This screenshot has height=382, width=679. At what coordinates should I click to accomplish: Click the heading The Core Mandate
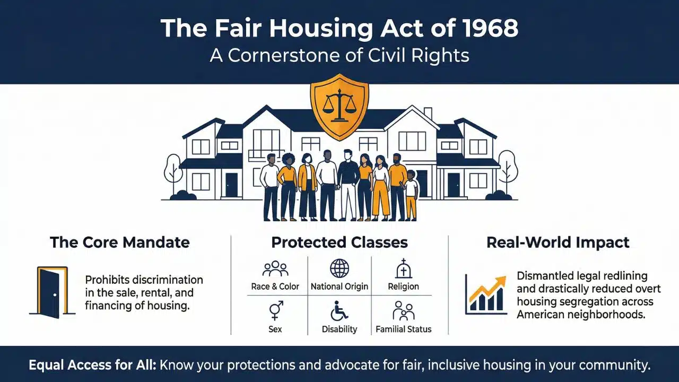coord(119,243)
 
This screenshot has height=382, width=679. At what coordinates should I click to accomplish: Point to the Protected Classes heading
coord(339,243)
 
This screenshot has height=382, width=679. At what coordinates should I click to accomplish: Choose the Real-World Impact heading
coord(558,243)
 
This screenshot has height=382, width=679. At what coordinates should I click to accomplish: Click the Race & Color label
coord(275,286)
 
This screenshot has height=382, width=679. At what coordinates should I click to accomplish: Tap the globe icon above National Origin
coord(339,268)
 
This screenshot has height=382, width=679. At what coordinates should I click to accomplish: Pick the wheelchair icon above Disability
coord(339,310)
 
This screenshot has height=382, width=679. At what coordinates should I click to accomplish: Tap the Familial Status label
coord(404,329)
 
